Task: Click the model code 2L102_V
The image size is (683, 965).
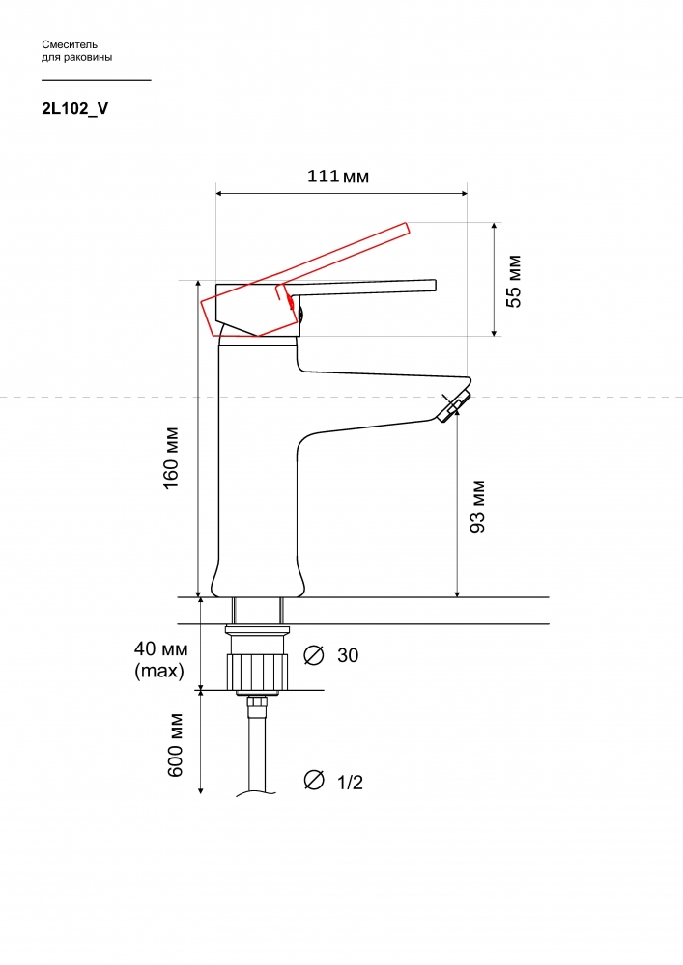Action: point(74,108)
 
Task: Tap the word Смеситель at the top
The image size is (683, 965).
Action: point(70,44)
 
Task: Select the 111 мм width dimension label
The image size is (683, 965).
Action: point(338,176)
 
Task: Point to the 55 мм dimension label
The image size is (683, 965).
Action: point(514,281)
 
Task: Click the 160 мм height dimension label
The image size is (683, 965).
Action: point(171,457)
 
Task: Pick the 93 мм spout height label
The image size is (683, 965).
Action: point(477,506)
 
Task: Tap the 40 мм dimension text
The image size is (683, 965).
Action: point(161,648)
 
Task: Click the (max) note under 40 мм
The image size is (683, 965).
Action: point(159,671)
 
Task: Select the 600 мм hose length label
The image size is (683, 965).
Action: point(176,745)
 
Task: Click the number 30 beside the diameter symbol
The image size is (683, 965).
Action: point(348,655)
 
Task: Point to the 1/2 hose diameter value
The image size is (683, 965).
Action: point(350,783)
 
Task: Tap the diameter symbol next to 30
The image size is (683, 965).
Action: point(314,655)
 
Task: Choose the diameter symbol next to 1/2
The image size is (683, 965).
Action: point(314,780)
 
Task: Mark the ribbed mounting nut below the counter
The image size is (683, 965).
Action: point(258,673)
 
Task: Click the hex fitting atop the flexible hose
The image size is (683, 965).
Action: point(257,703)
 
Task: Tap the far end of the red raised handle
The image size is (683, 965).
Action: point(407,229)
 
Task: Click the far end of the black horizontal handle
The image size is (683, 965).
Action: point(436,286)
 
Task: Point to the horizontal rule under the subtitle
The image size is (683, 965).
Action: point(96,80)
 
